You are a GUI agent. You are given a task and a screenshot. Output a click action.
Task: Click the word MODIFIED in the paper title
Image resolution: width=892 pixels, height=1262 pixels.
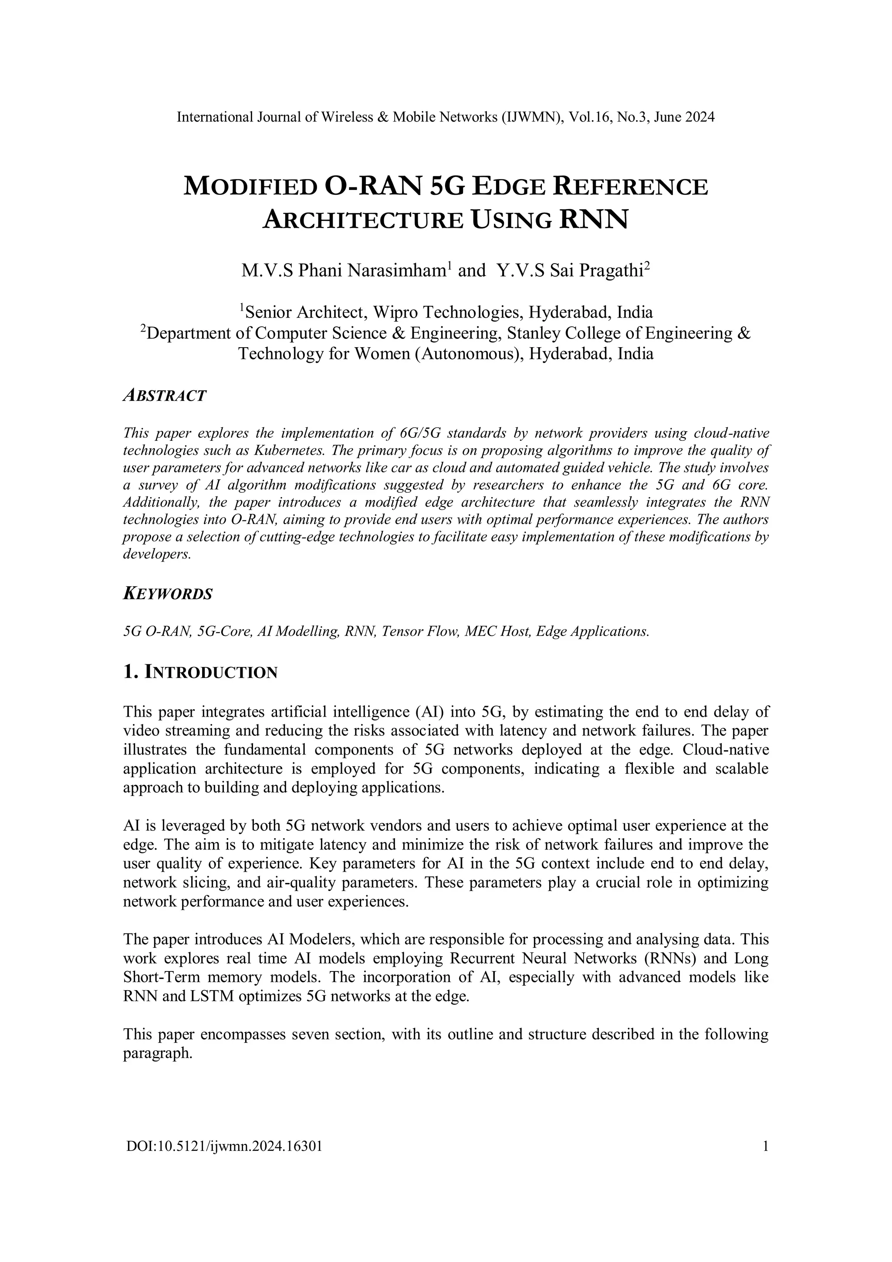(x=250, y=187)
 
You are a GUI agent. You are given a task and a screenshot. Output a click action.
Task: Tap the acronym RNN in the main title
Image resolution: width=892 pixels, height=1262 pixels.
(x=593, y=220)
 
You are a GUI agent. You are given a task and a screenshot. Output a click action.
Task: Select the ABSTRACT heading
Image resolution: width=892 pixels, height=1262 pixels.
(x=164, y=395)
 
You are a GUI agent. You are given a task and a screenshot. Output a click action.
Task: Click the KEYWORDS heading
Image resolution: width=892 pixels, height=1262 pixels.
(x=168, y=594)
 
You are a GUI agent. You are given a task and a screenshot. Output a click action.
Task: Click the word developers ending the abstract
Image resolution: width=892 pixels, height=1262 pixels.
(x=157, y=555)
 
